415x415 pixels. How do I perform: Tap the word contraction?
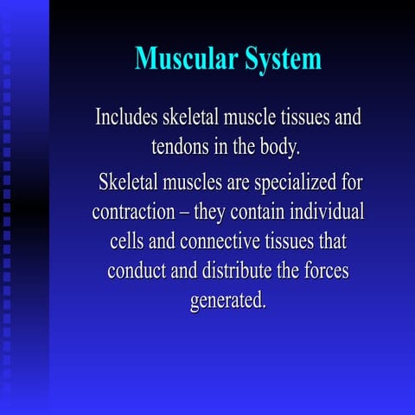coord(138,212)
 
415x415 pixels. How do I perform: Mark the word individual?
coord(329,212)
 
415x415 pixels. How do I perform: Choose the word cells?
coord(126,240)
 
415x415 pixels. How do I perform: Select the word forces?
coord(325,270)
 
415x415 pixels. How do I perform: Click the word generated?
coord(227,301)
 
